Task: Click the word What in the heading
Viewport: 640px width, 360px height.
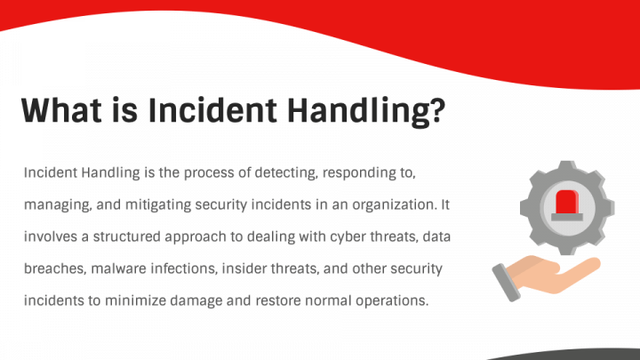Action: (61, 110)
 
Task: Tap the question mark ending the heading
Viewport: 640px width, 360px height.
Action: (436, 110)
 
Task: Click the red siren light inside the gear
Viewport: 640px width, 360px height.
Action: (567, 202)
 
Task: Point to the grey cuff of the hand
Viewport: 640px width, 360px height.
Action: (506, 283)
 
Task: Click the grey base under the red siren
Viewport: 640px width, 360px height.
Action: (567, 217)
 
